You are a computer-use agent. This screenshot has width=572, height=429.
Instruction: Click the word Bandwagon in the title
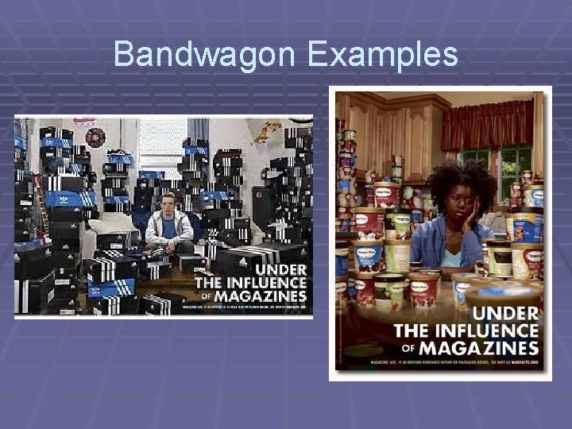point(204,54)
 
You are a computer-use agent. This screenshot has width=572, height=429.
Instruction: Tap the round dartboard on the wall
point(95,137)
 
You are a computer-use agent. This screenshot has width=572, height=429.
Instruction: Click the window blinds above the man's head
point(162,155)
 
